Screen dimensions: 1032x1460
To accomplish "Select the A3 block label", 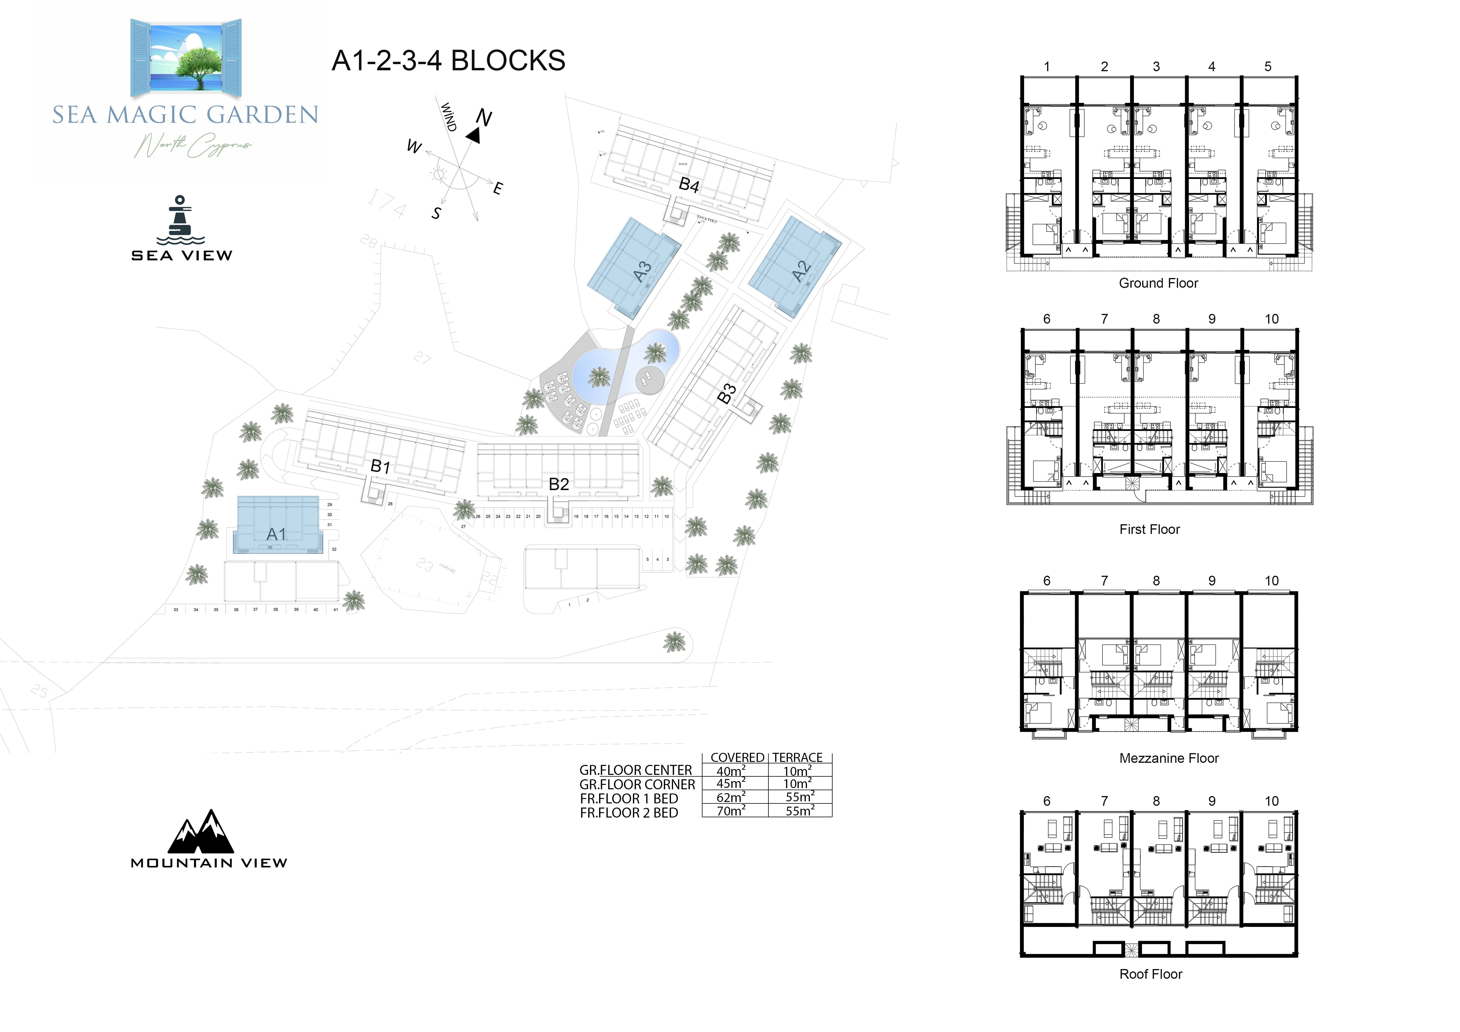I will (x=642, y=271).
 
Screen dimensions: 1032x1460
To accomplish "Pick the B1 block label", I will (x=380, y=467).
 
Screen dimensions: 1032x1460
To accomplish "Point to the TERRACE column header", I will (x=798, y=758).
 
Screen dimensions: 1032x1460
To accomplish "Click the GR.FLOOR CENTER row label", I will (x=635, y=770).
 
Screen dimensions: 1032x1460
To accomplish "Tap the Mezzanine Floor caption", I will (x=1169, y=758).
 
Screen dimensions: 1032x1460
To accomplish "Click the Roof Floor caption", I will (x=1150, y=974).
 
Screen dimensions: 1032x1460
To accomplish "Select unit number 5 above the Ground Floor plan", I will (x=1267, y=67).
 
